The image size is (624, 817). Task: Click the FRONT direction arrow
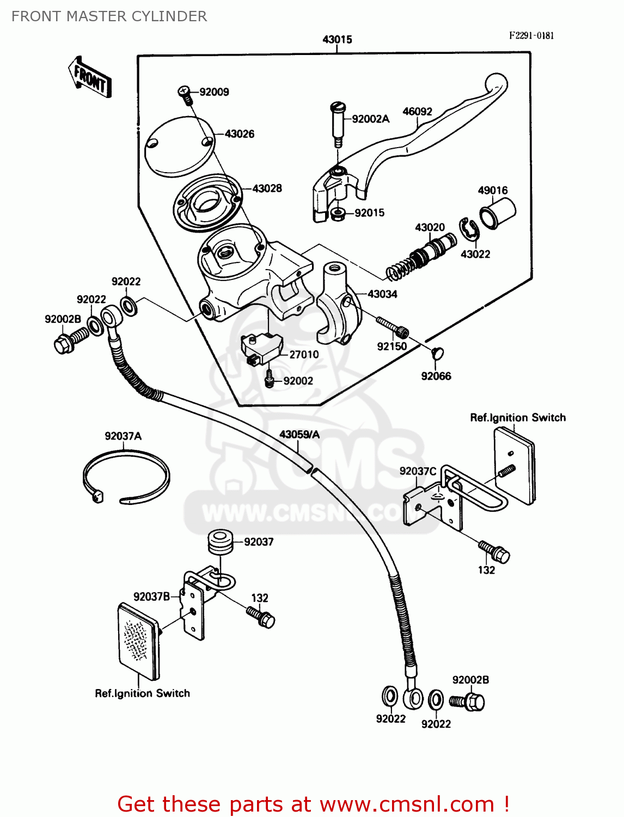tap(90, 77)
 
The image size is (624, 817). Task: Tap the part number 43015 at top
tap(337, 39)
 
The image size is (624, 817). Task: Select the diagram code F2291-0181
tap(531, 35)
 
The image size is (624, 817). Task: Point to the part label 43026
tap(240, 134)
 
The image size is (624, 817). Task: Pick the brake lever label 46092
tap(417, 112)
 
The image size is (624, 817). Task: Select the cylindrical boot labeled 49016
tap(497, 213)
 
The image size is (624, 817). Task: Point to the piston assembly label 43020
tap(430, 227)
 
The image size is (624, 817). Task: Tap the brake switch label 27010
tap(304, 355)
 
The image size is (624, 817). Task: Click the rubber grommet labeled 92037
tap(220, 541)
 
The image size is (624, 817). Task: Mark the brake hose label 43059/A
tap(299, 435)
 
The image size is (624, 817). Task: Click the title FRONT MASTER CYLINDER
tap(109, 16)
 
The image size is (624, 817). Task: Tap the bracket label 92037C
tap(418, 471)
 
